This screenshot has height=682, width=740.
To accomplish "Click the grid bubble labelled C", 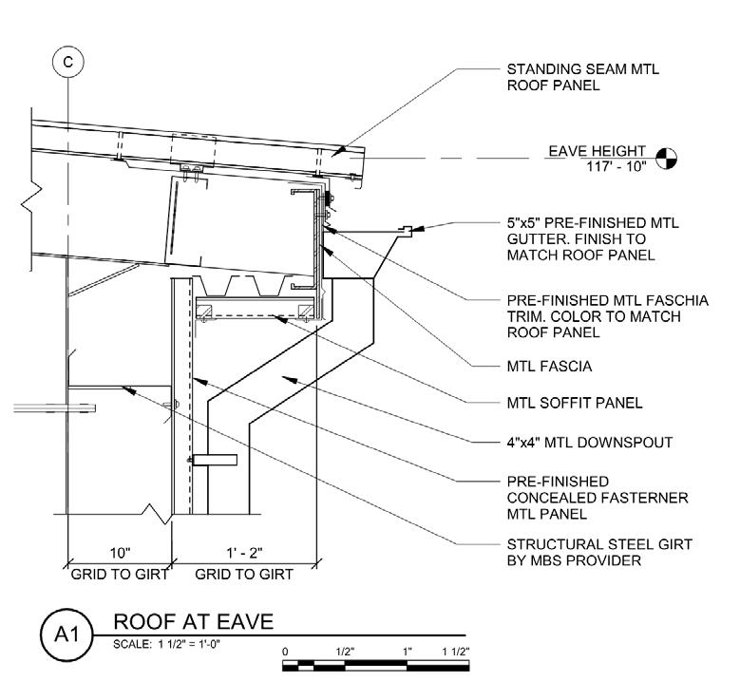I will click(x=67, y=61).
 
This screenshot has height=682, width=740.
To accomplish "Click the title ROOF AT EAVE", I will click(x=193, y=621).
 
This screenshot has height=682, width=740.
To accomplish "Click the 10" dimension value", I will click(x=119, y=553).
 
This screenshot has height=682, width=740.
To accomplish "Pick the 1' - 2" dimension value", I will click(x=244, y=553).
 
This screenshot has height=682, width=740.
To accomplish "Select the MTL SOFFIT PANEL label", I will click(x=575, y=403).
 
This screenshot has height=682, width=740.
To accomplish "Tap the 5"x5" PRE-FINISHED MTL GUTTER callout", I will click(x=593, y=238).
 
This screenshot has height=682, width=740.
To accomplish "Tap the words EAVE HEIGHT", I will click(x=597, y=150).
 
